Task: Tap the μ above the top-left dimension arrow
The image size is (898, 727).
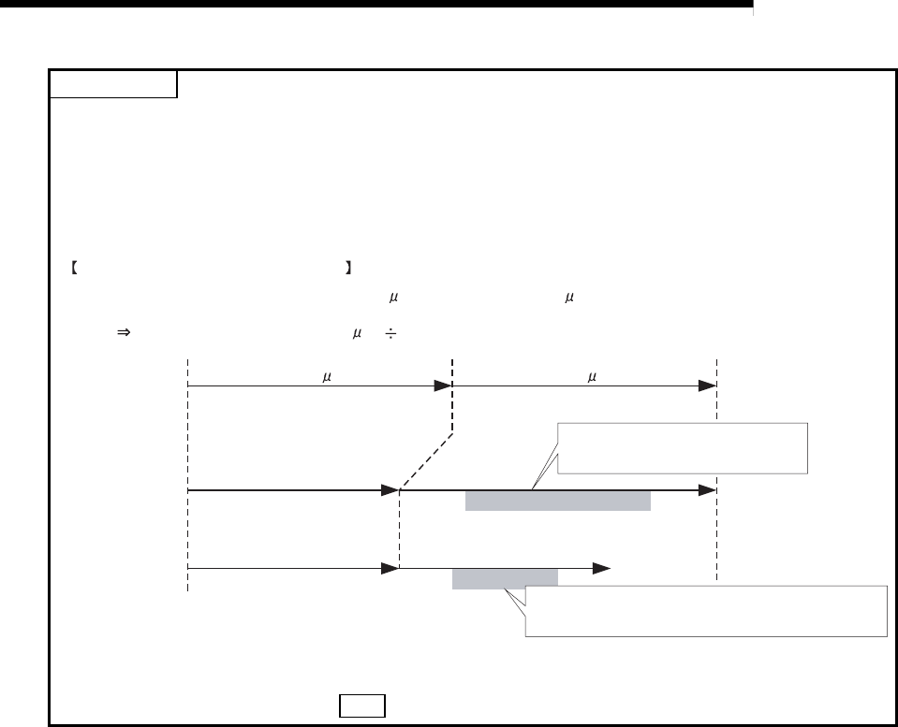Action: [x=325, y=378]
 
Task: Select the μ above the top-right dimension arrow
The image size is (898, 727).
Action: [x=592, y=378]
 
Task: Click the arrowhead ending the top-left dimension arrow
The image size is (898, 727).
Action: [x=443, y=385]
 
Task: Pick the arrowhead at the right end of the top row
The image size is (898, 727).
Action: [x=708, y=385]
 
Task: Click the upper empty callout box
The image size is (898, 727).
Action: [x=681, y=448]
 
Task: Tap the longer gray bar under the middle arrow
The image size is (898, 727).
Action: [x=558, y=501]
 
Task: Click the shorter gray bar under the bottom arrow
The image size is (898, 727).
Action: [x=505, y=579]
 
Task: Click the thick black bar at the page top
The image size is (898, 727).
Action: [x=375, y=6]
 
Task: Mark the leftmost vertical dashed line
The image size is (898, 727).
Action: [x=187, y=473]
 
